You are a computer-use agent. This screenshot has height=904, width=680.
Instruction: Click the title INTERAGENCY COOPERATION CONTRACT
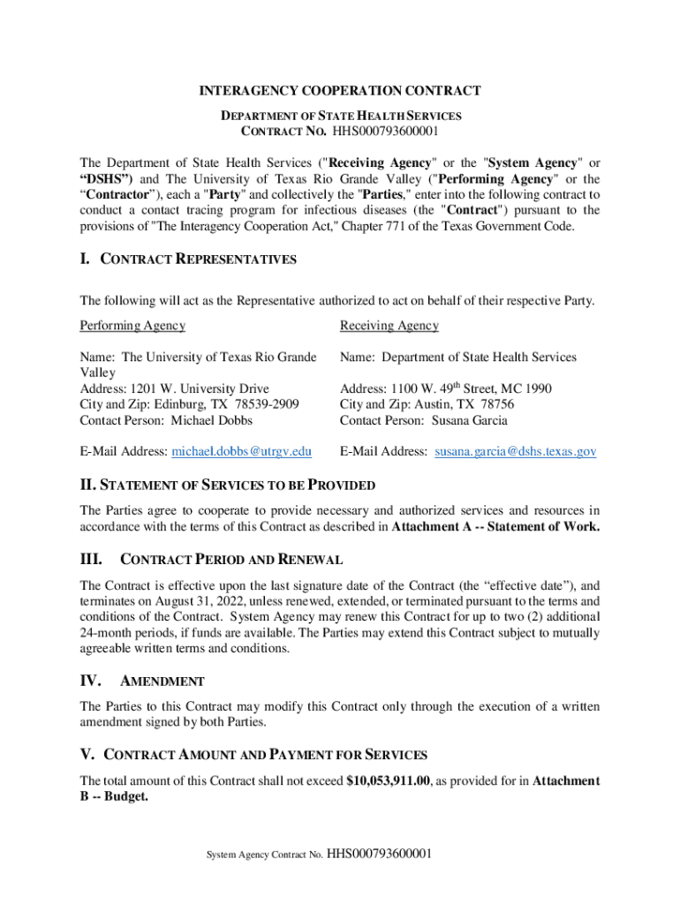[339, 91]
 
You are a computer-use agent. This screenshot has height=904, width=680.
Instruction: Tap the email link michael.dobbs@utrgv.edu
[241, 451]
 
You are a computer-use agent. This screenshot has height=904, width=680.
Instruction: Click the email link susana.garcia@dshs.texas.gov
[514, 451]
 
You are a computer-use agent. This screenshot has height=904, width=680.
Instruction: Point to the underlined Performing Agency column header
[132, 326]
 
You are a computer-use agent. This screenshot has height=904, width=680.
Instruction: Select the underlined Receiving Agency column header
[389, 326]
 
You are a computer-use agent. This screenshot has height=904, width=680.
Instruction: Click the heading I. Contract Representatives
[188, 260]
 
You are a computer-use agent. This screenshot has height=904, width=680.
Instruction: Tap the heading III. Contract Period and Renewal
[211, 560]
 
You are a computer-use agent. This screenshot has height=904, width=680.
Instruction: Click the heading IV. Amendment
[142, 681]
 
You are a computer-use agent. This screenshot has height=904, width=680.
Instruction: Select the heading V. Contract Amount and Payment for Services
[253, 755]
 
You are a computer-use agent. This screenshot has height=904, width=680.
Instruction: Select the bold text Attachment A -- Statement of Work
[495, 527]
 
